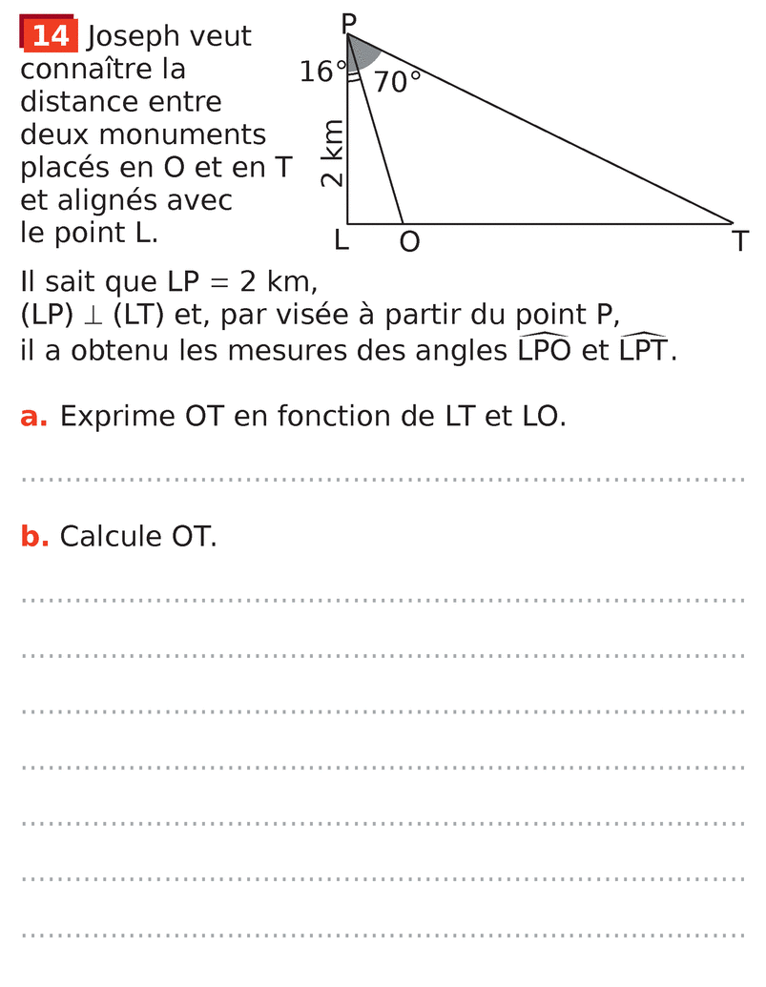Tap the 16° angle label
click(322, 72)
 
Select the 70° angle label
click(397, 82)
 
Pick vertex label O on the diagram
click(409, 242)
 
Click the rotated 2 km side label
click(331, 154)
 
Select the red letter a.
click(33, 417)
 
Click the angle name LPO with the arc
click(545, 350)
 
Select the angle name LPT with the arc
click(645, 350)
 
